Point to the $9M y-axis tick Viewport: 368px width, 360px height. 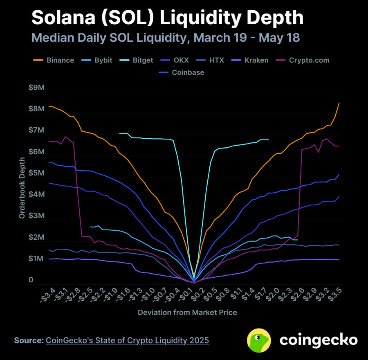(x=37, y=88)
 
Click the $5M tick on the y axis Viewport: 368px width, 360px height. (x=37, y=173)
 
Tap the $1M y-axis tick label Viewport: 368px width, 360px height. (x=37, y=259)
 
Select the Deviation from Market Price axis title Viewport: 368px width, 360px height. (x=187, y=312)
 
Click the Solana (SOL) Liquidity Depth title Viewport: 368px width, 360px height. (x=168, y=18)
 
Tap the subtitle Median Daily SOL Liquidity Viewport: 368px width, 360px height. (x=166, y=38)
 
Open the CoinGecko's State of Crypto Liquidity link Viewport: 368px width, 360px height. (x=127, y=340)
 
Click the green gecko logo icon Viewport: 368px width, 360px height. (x=260, y=340)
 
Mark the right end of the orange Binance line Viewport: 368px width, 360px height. (x=339, y=103)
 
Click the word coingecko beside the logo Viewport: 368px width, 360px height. (x=319, y=340)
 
